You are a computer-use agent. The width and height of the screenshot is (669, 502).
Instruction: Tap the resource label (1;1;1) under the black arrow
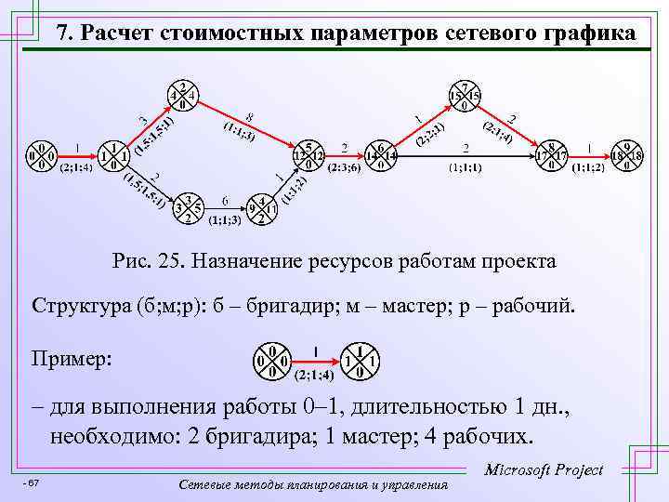465,169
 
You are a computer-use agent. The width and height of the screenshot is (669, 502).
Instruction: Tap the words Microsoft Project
544,470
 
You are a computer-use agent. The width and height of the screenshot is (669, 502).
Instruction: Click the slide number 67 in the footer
33,483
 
